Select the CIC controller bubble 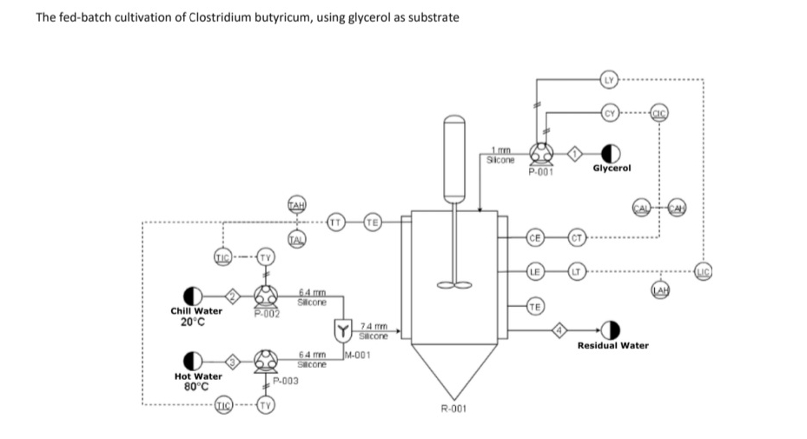659,112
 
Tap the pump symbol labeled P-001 542,154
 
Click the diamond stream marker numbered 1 574,154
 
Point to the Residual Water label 612,345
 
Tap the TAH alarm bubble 295,204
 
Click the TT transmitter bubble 335,222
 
